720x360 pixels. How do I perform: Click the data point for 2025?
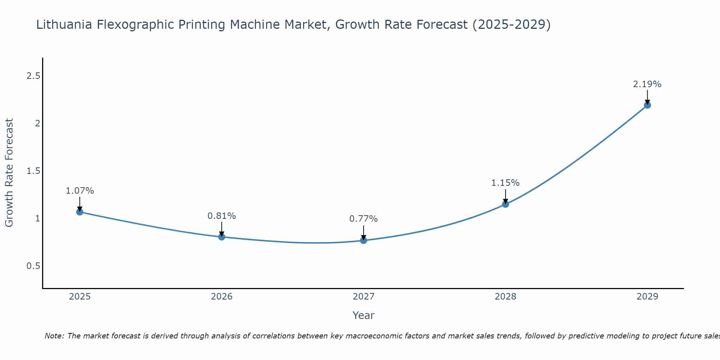coord(80,212)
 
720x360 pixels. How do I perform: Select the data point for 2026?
coord(222,237)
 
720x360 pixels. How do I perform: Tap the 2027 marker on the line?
coord(364,240)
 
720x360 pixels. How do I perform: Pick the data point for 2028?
coord(505,204)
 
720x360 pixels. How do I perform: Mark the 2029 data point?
coord(647,105)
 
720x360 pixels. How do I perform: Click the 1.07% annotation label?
coord(80,191)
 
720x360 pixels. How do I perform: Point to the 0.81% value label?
coord(222,216)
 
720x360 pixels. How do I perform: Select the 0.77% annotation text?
coord(364,219)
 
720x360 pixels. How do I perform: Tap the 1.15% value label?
coord(505,183)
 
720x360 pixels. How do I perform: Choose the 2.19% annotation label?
coord(647,84)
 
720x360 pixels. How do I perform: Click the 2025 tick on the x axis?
coord(80,297)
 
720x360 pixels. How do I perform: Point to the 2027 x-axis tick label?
coord(364,297)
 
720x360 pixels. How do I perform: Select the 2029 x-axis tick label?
coord(647,297)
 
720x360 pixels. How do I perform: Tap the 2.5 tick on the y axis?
coord(33,76)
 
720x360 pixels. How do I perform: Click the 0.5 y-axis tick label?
coord(33,266)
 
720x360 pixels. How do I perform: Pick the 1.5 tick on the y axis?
coord(33,171)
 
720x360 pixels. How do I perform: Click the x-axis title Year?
coord(364,315)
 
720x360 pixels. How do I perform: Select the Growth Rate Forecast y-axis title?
coord(9,173)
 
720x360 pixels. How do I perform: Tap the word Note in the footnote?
coord(54,336)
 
